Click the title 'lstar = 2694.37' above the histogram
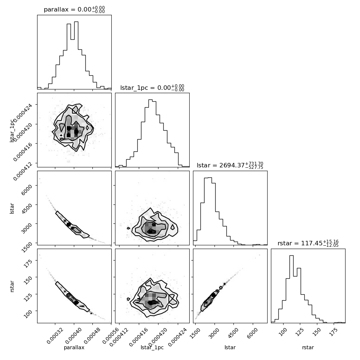[220, 165]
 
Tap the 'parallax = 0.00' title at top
[68, 9]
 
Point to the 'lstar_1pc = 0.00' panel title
[145, 88]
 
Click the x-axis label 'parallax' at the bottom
[74, 347]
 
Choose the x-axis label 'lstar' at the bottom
[230, 347]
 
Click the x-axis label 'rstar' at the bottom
[308, 347]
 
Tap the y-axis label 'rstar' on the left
[12, 286]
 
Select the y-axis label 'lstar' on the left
[12, 208]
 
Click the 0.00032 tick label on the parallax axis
[55, 335]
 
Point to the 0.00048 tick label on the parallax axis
[93, 335]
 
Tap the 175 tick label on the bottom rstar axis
[334, 331]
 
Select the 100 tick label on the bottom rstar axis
[283, 331]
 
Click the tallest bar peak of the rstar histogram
[292, 256]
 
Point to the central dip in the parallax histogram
[72, 39]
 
